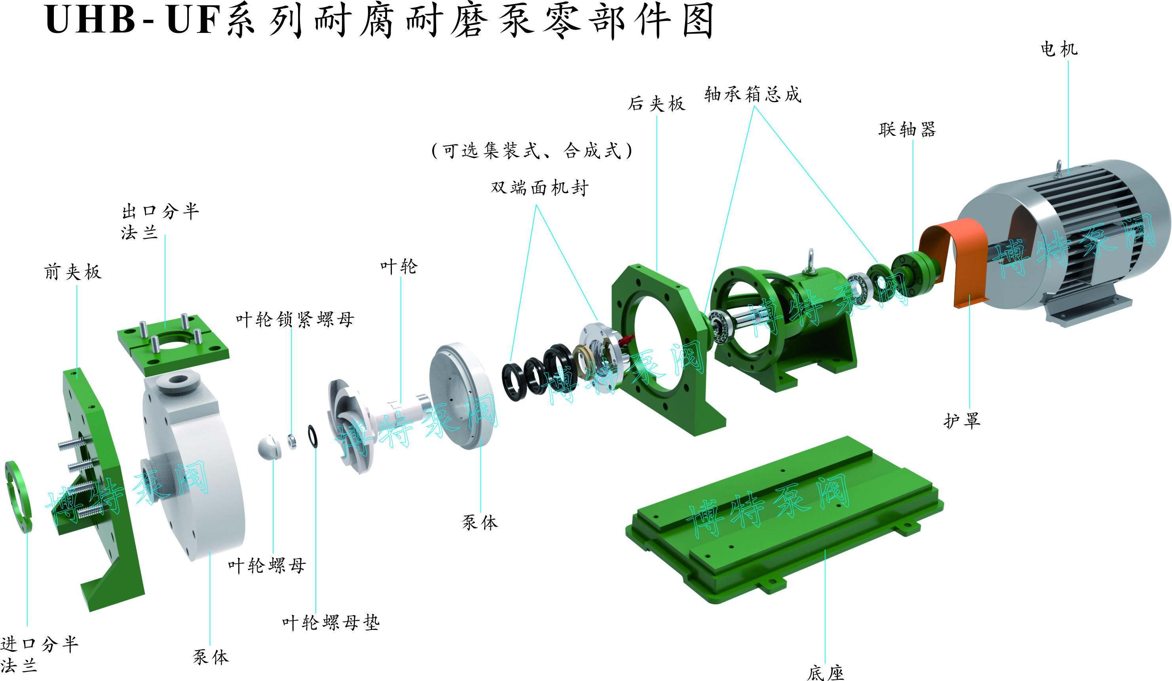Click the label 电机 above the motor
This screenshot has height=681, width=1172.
pos(1059,49)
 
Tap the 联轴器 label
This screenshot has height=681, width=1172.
pos(907,129)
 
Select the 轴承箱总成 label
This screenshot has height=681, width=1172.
pos(753,94)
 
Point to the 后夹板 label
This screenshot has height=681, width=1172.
pos(657,103)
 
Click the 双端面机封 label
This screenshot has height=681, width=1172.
pos(539,187)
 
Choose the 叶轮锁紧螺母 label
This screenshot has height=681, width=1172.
pos(295,320)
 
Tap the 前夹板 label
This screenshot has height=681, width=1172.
pos(73,272)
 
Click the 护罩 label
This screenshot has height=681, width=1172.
pos(962,420)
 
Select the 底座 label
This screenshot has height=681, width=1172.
pos(826,673)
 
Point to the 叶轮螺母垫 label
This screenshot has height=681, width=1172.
pos(331,622)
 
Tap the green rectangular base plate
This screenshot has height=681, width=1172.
pos(786,519)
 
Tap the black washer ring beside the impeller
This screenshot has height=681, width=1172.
pos(313,436)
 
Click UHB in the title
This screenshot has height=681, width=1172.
pos(90,20)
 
